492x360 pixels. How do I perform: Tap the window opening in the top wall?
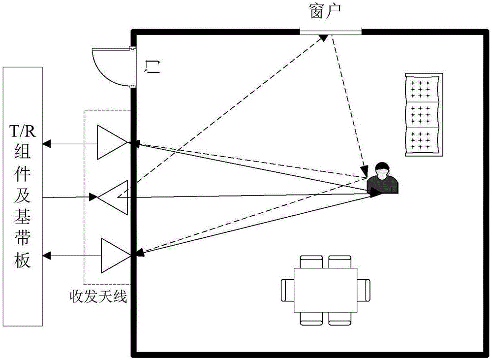pos(330,32)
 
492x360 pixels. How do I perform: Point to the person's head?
pos(382,170)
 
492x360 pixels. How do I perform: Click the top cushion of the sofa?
pos(424,89)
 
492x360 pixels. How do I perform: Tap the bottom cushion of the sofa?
pos(424,141)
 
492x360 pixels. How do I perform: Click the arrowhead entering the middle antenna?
pos(93,198)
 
